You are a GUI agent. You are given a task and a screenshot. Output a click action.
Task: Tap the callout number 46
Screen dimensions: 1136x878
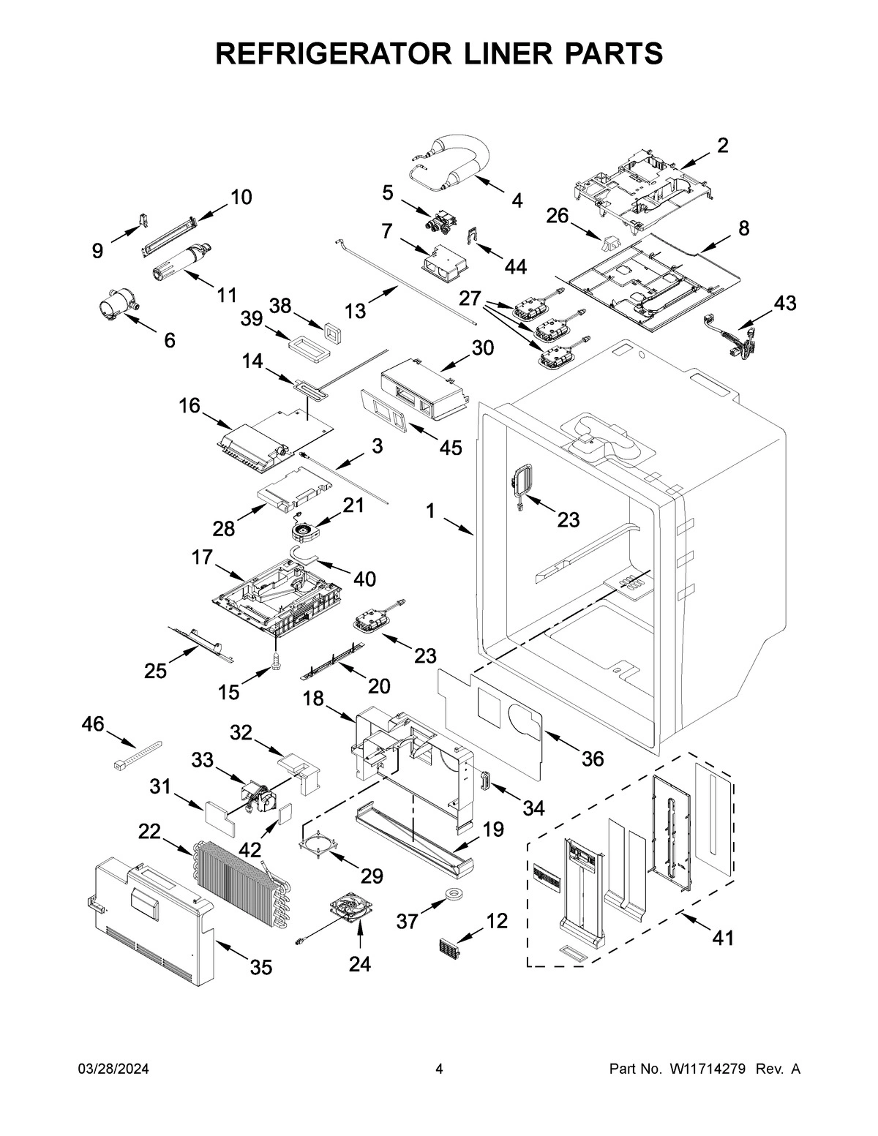coord(93,724)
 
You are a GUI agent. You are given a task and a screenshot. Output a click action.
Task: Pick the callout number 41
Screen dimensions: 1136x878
coord(723,937)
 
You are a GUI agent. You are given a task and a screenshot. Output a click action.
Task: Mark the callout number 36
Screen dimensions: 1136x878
coord(593,759)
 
